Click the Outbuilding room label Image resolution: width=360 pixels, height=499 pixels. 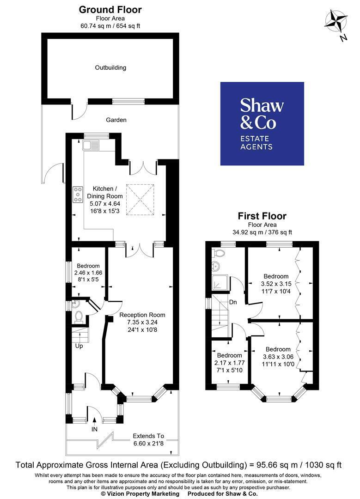click(x=110, y=67)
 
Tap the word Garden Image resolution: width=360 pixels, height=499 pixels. click(x=116, y=120)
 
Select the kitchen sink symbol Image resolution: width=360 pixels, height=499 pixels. click(x=91, y=145)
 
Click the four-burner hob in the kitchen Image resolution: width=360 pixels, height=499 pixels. click(x=78, y=195)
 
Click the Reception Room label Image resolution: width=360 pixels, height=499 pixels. click(x=142, y=315)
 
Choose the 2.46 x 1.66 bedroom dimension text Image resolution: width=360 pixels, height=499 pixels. click(x=88, y=273)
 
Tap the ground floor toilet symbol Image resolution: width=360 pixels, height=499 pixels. click(x=79, y=317)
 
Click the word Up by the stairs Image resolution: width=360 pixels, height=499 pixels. click(x=79, y=346)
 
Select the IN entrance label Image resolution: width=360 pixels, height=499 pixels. click(x=94, y=429)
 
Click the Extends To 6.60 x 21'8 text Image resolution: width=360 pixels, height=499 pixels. click(x=149, y=439)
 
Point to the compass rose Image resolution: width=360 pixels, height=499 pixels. click(x=336, y=22)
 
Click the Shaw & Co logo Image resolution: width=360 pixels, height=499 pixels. click(x=262, y=124)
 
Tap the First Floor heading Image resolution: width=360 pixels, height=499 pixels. click(x=262, y=216)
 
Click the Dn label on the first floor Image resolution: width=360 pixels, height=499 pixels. click(x=233, y=302)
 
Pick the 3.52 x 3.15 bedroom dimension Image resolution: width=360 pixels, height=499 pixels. click(x=276, y=284)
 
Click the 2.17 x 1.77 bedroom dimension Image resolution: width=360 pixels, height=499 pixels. click(x=230, y=363)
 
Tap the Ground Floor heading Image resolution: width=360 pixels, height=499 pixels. click(x=110, y=10)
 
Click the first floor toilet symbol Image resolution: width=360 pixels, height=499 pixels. click(x=220, y=253)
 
